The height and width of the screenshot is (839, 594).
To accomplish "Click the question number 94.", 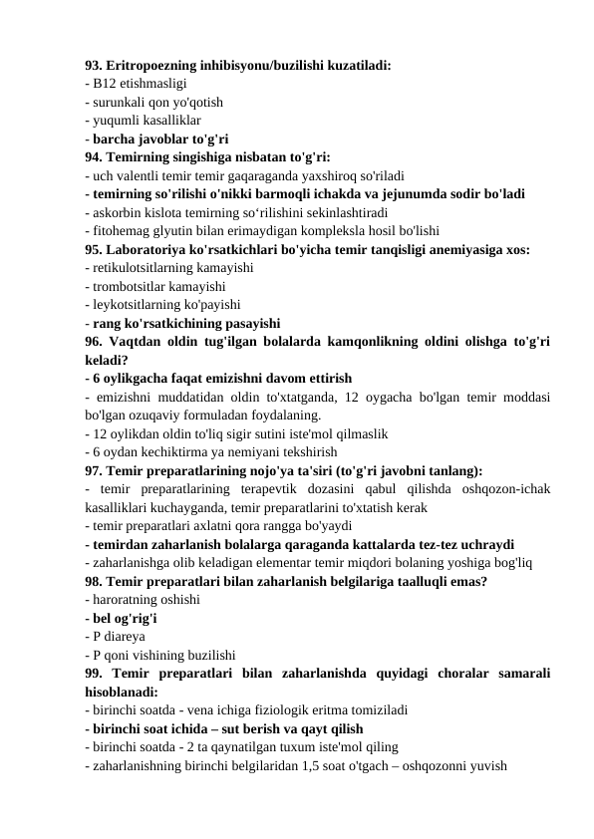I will [95, 155].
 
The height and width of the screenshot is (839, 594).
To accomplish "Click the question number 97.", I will [95, 469].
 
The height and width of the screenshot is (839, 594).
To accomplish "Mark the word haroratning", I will [127, 599].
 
